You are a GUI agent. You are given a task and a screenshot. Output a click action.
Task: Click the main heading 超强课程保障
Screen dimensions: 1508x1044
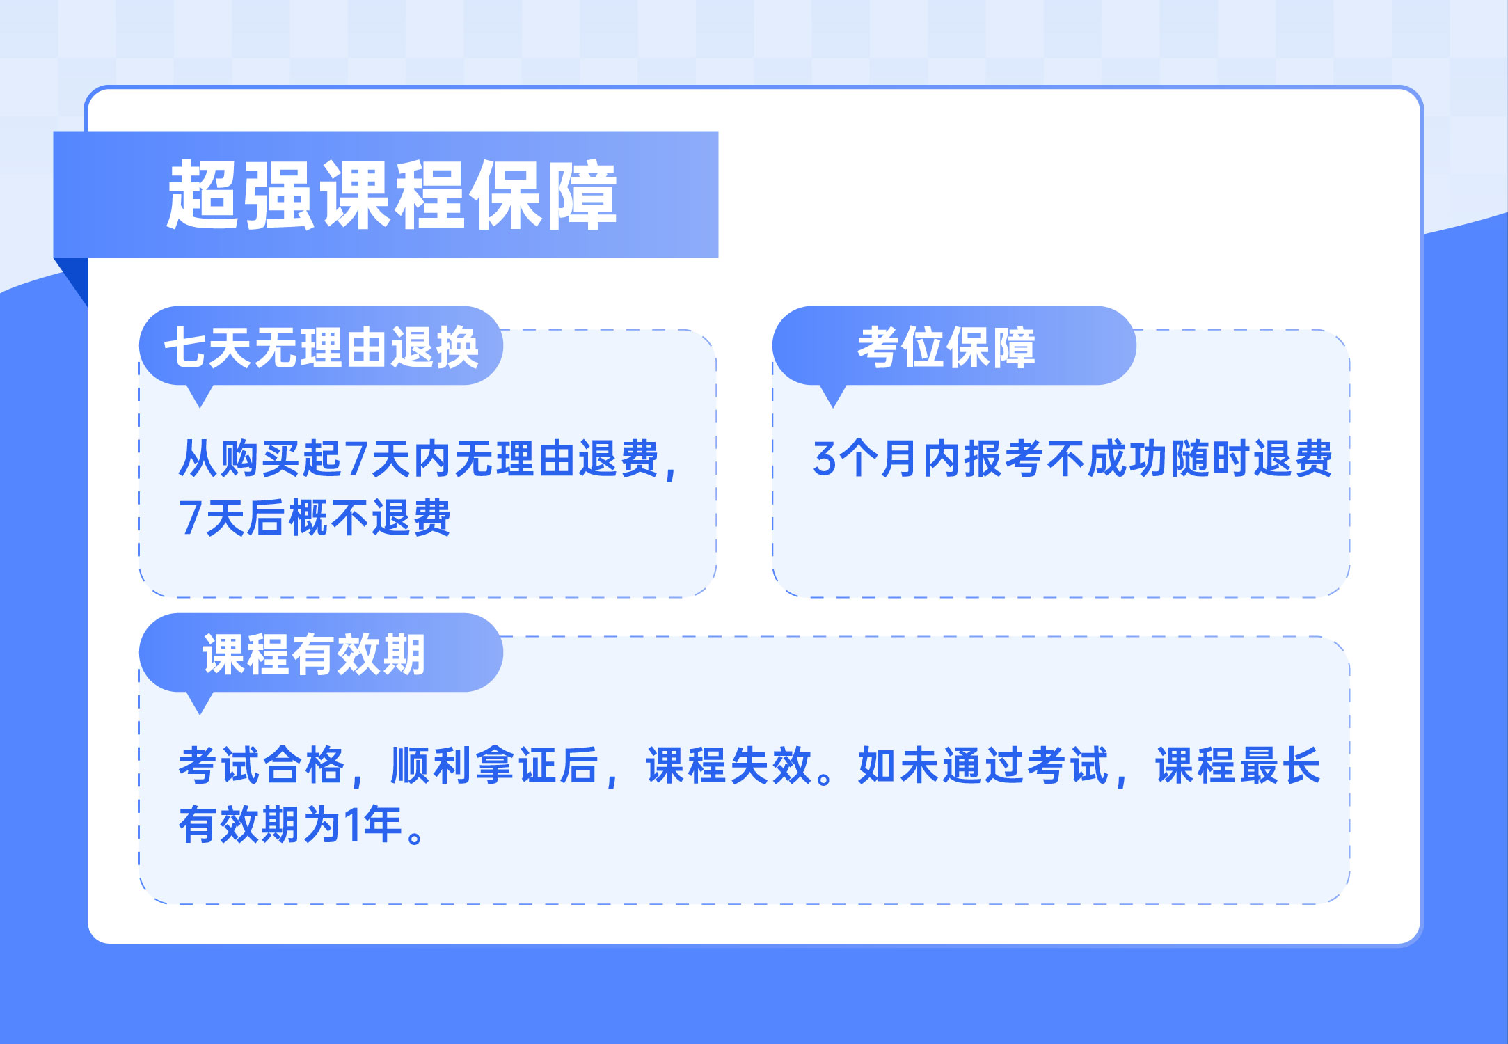point(392,195)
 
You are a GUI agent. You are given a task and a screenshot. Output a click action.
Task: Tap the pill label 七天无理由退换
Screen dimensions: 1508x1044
point(322,347)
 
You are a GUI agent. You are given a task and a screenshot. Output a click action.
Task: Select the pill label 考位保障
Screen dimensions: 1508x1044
point(946,347)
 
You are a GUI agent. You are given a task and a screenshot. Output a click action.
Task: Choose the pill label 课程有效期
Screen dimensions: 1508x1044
point(314,654)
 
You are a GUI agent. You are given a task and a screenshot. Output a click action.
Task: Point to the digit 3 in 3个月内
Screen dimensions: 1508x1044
point(824,459)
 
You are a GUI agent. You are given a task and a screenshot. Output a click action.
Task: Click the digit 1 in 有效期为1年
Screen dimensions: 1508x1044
point(353,825)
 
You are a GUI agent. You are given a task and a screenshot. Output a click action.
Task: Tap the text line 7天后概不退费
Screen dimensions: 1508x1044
point(315,517)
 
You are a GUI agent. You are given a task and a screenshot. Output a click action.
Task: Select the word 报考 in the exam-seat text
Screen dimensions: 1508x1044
point(1004,459)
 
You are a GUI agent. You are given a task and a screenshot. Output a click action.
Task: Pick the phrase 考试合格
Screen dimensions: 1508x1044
point(261,766)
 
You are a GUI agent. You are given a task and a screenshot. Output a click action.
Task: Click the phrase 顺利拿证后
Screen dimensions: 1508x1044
point(495,766)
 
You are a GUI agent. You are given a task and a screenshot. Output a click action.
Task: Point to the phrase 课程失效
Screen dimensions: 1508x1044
point(729,766)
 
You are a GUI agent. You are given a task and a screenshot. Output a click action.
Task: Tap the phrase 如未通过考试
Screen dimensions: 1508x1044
point(983,766)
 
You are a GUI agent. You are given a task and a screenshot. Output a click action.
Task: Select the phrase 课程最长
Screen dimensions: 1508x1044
point(1238,766)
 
